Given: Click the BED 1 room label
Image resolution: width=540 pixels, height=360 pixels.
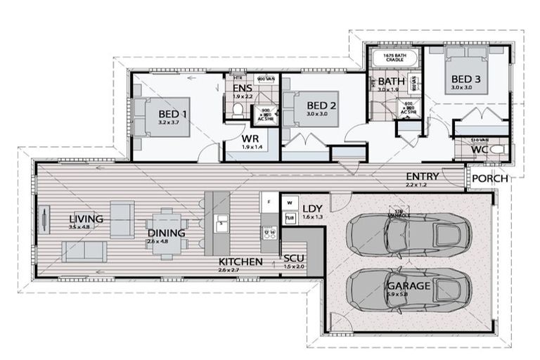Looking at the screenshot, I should point(172,113).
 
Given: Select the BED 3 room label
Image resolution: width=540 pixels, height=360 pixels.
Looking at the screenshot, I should point(465,79).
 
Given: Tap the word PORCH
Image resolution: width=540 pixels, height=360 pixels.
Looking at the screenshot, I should point(489,178).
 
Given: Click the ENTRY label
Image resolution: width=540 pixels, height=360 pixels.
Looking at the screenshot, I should point(422,176).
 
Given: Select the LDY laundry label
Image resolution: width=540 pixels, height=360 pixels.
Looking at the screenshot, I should point(311,208).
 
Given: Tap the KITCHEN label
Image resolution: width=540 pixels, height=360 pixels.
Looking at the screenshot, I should point(240,262).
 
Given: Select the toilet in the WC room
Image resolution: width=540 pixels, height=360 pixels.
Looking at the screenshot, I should point(496,150).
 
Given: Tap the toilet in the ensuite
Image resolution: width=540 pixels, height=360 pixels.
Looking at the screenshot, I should point(238,110).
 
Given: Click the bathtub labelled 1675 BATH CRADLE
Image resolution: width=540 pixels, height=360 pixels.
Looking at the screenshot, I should point(394,58).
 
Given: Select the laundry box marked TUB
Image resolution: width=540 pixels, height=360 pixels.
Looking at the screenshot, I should point(290,219).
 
